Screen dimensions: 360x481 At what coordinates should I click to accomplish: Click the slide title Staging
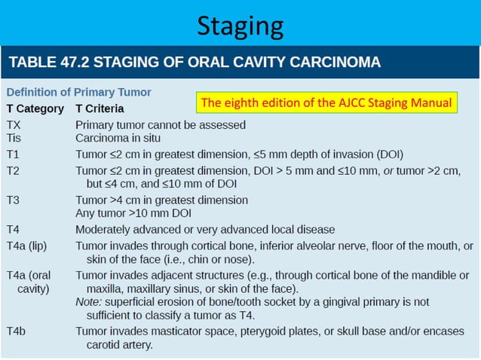click(240, 26)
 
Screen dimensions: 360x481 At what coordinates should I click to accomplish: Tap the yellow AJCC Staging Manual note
click(326, 102)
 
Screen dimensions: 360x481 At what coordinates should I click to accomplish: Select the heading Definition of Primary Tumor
click(79, 93)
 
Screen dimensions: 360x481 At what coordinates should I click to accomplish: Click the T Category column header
click(35, 108)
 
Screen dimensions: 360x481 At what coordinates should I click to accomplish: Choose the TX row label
click(14, 124)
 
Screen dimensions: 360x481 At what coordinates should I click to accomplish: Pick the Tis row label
click(14, 138)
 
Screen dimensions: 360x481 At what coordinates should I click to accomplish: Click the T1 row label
click(14, 154)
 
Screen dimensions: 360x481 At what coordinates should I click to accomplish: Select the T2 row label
click(14, 171)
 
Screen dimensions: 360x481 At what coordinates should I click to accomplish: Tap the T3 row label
click(14, 200)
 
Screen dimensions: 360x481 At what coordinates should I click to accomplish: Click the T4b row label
click(16, 331)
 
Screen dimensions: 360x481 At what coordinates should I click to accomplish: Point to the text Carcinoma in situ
click(118, 138)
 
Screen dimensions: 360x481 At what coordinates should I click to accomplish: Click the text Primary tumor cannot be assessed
click(161, 124)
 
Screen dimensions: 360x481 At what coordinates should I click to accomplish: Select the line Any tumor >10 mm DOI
click(134, 214)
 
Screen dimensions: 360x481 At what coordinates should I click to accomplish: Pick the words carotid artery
click(119, 345)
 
